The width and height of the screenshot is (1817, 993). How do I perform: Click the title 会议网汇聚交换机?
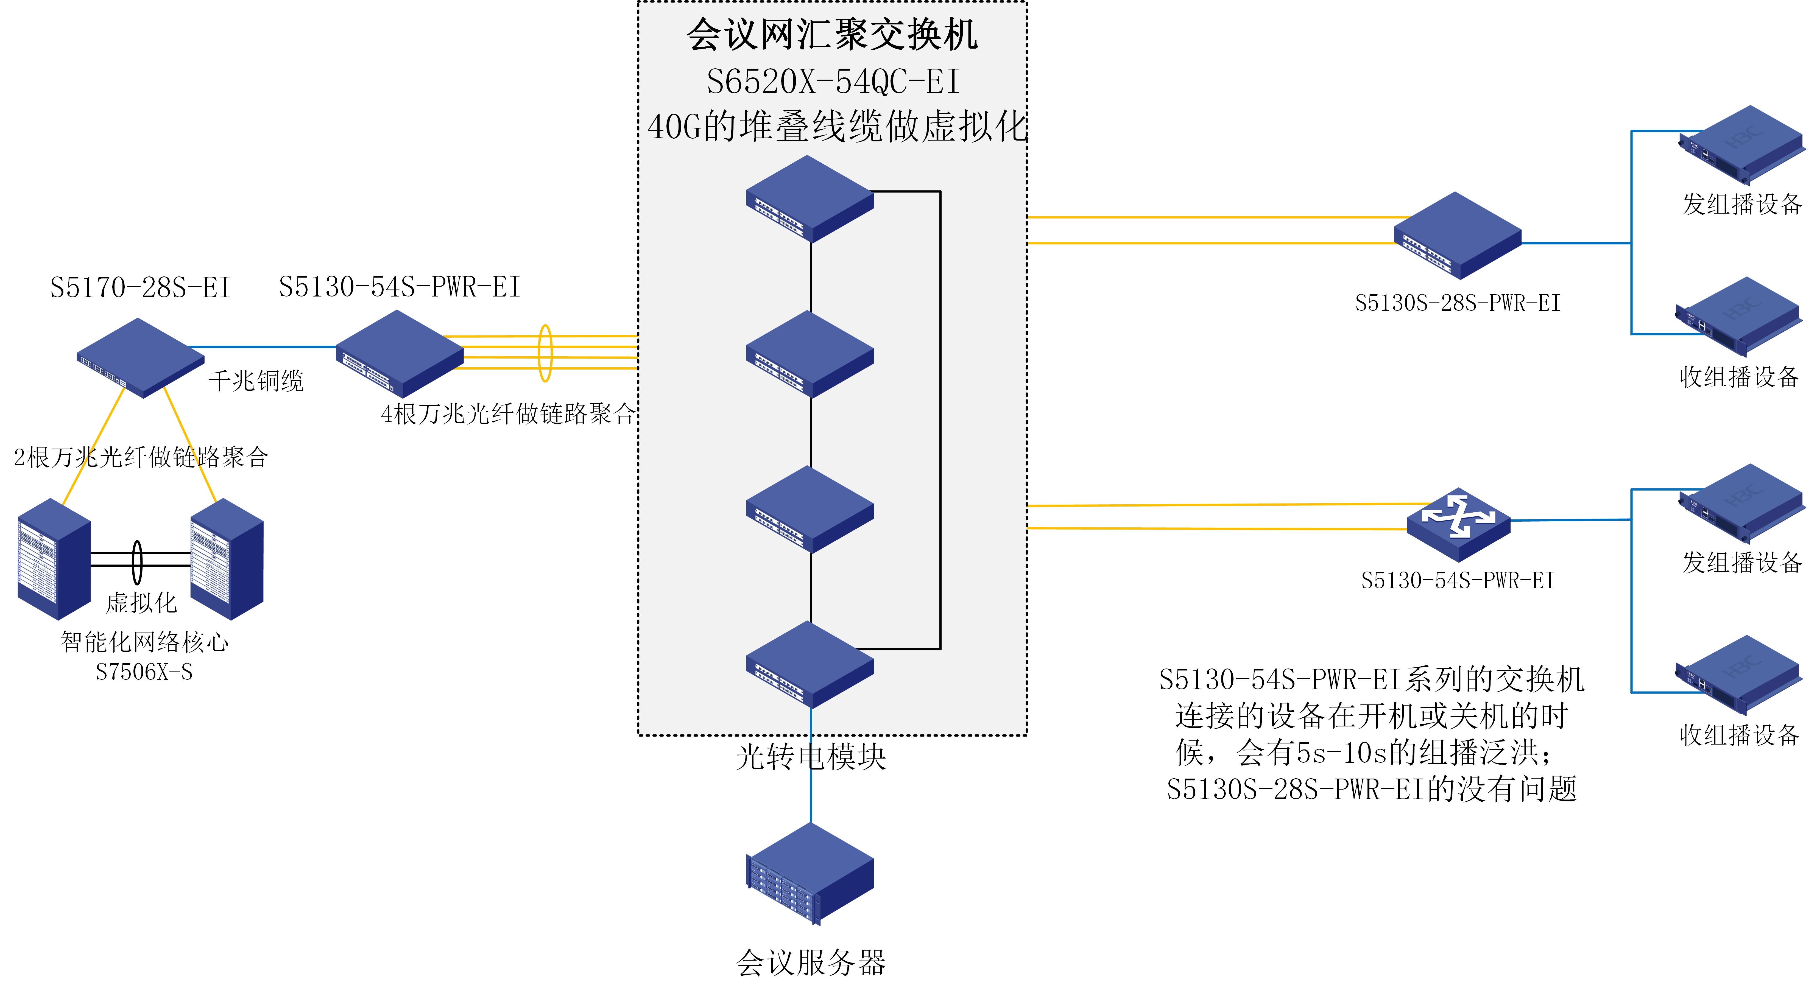point(832,35)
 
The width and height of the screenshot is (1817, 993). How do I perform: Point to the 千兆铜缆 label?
point(256,381)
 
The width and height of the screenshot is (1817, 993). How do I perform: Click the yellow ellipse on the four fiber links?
point(545,353)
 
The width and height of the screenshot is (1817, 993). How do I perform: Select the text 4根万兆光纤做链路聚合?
point(508,413)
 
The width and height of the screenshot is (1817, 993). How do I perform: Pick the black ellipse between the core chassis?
point(138,562)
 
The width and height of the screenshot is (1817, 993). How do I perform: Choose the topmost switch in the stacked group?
point(810,199)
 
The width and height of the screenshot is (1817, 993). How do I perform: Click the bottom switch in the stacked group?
point(810,664)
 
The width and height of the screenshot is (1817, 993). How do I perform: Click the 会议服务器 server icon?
point(810,874)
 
